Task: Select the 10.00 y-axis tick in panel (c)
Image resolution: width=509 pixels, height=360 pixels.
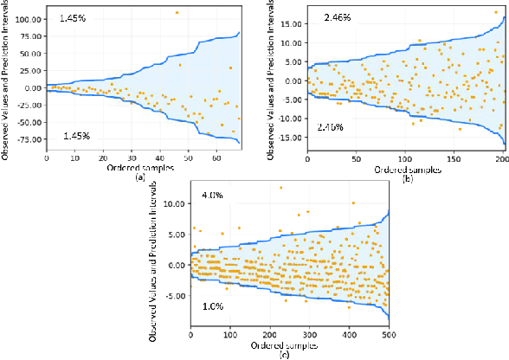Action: (174, 203)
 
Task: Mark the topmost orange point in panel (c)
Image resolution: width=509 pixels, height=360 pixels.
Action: (280, 187)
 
